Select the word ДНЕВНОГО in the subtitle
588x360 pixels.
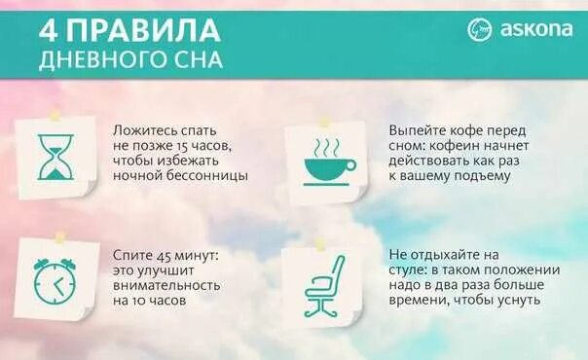tap(101, 59)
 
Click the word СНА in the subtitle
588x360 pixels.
tap(197, 59)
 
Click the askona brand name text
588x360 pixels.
tap(536, 30)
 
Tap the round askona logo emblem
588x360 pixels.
tap(480, 30)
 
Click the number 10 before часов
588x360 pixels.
tap(146, 302)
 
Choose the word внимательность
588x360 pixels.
tap(166, 286)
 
